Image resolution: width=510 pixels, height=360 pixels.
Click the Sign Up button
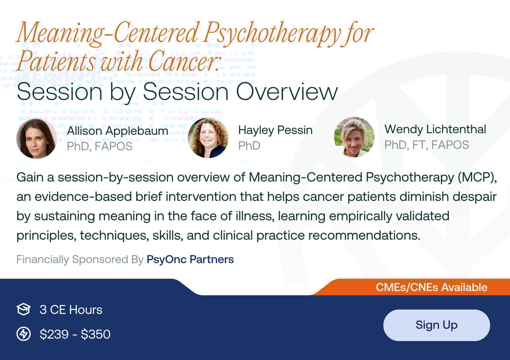(436, 325)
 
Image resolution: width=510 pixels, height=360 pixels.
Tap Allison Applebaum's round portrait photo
(36, 139)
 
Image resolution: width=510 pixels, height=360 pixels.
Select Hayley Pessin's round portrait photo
(208, 138)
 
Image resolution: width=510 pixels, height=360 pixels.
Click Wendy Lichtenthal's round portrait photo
(354, 137)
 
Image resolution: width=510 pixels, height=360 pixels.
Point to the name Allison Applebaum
(117, 131)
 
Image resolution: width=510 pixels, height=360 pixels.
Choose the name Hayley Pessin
(275, 130)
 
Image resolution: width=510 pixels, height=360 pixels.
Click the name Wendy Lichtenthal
(435, 129)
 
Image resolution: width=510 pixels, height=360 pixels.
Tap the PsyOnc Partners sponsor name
(190, 260)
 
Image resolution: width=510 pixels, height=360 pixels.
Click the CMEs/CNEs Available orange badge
(431, 288)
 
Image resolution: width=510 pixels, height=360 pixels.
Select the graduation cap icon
(23, 310)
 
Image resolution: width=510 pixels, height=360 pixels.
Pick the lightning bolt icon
(23, 334)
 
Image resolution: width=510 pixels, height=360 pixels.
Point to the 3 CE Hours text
(71, 310)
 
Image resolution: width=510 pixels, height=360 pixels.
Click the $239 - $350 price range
(75, 334)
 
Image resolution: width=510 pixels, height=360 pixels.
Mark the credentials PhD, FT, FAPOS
(427, 145)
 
